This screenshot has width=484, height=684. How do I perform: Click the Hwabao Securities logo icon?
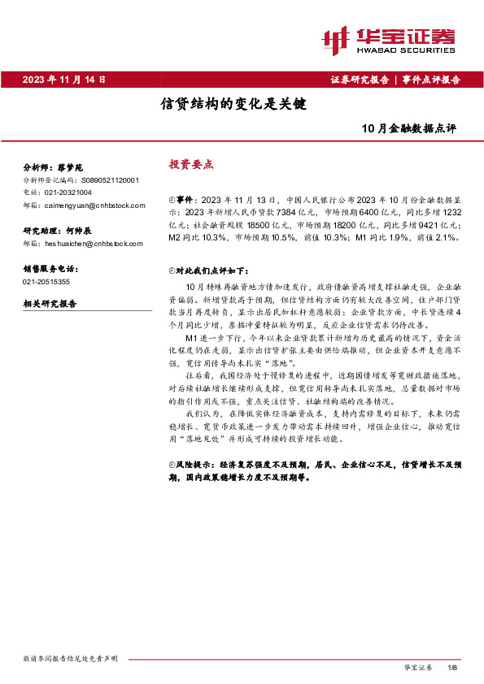point(336,37)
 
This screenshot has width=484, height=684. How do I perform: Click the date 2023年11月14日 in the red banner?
point(64,80)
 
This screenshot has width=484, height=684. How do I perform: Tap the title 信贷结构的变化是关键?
point(232,104)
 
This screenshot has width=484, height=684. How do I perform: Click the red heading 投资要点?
point(190,164)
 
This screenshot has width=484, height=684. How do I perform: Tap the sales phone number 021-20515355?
point(47,281)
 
